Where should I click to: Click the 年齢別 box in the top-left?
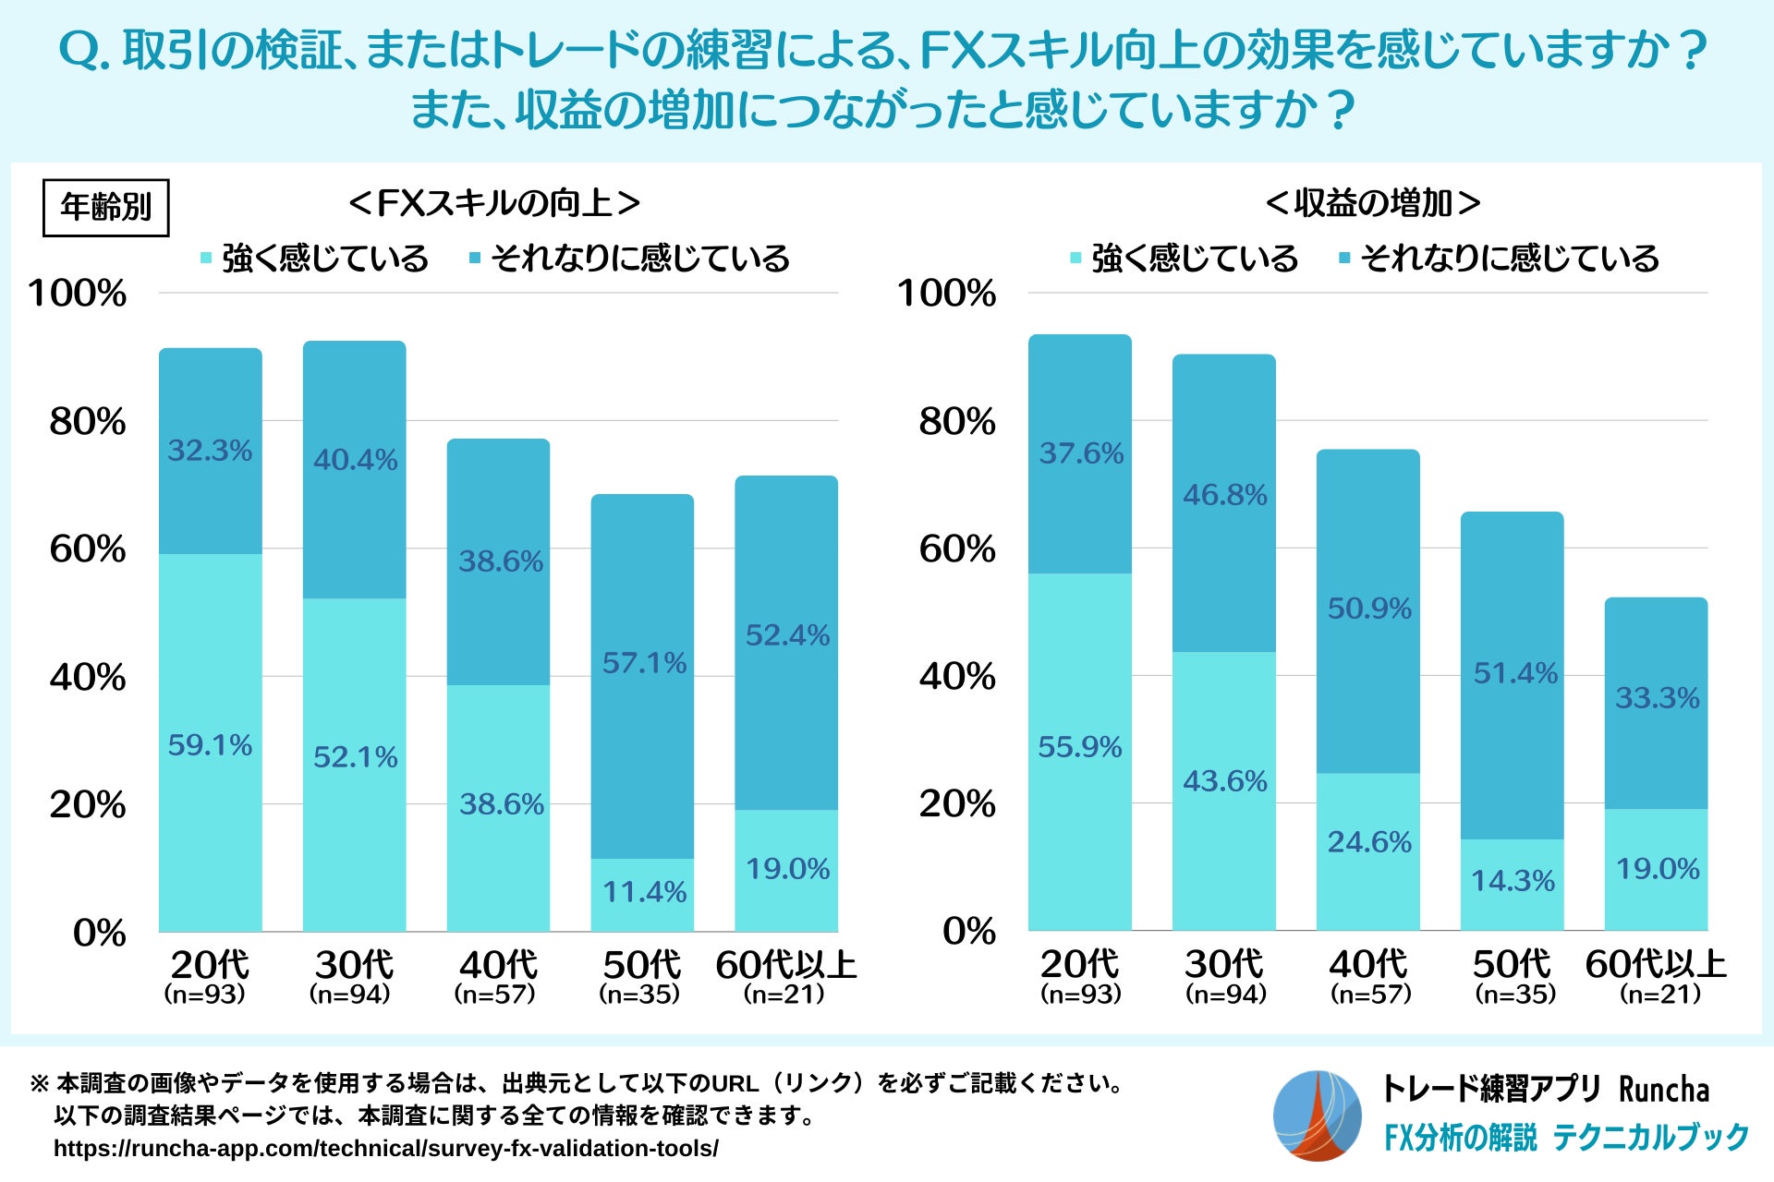click(106, 207)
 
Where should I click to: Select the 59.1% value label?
click(210, 745)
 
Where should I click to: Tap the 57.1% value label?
click(644, 663)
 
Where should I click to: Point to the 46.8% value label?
click(1225, 495)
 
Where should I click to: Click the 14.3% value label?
click(1513, 881)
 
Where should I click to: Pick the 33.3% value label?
click(1657, 698)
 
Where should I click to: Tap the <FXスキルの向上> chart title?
click(494, 203)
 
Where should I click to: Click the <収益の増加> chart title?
click(1373, 203)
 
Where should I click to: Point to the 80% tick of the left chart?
click(88, 422)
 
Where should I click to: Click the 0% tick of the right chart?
click(969, 931)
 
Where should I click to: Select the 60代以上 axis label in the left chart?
click(785, 965)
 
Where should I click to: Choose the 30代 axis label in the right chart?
click(1224, 965)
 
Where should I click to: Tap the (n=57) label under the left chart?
click(495, 995)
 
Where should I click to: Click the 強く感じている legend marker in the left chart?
click(206, 258)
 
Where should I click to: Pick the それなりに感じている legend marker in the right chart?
click(1344, 258)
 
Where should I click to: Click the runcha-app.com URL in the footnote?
click(386, 1149)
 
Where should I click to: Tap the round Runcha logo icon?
click(1317, 1115)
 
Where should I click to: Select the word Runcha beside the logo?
click(1663, 1090)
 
